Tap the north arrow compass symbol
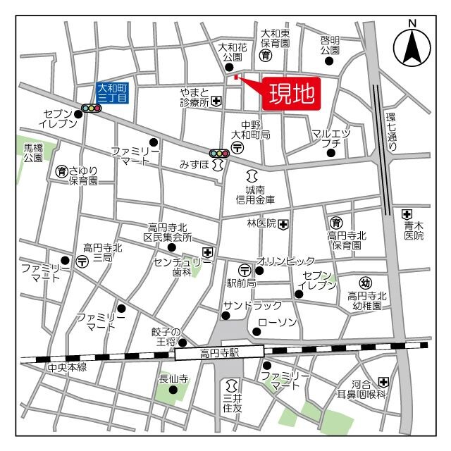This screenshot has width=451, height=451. coord(412,46)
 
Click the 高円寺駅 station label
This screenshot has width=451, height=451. coord(219,352)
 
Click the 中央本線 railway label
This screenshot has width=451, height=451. coord(66,368)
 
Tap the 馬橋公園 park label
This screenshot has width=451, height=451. coord(33,153)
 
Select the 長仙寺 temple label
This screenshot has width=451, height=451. coord(173,379)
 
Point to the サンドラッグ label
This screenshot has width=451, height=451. coord(252,305)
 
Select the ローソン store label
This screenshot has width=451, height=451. coord(278,322)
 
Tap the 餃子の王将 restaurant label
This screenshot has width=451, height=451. coord(166,337)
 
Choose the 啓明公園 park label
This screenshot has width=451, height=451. coord(330,45)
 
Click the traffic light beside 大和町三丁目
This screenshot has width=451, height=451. coord(91,108)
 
